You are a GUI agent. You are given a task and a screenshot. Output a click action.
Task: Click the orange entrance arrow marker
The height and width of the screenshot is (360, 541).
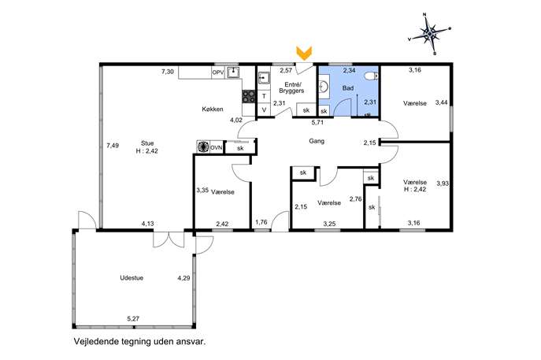304,53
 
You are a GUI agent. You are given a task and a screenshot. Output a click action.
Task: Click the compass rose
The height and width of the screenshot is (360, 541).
429,34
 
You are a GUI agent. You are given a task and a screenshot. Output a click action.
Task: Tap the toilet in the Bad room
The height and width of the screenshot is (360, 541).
371,76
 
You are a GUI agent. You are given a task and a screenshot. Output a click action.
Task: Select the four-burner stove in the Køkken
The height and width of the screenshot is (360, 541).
248,96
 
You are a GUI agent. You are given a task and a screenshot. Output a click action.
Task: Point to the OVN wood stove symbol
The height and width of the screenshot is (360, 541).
203,147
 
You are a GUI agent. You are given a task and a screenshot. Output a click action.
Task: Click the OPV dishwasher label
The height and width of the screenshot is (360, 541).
217,72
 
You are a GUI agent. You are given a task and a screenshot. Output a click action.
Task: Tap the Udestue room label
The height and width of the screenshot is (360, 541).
132,278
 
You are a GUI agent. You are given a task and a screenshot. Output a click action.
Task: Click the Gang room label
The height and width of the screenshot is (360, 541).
317,141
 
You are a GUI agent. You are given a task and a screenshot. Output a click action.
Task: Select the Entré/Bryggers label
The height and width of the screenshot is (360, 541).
291,87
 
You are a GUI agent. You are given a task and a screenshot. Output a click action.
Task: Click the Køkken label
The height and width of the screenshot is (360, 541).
213,109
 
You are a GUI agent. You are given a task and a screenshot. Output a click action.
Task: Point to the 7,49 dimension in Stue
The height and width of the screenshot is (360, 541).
113,146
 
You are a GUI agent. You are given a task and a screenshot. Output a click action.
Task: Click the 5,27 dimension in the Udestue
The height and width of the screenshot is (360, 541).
133,318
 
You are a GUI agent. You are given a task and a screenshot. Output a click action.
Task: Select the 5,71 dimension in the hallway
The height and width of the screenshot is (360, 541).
317,122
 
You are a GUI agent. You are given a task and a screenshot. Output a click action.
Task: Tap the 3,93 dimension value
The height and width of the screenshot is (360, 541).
443,184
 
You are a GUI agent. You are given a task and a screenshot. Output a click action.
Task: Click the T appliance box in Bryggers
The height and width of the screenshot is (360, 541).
264,96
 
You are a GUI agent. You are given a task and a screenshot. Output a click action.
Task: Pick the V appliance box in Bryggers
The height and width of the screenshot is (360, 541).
264,109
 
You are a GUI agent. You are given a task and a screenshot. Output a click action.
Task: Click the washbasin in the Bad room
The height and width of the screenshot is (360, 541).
324,87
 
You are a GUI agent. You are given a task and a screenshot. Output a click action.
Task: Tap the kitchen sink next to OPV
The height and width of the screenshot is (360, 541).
234,72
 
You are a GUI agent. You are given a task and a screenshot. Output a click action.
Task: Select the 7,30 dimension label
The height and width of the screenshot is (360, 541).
168,72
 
